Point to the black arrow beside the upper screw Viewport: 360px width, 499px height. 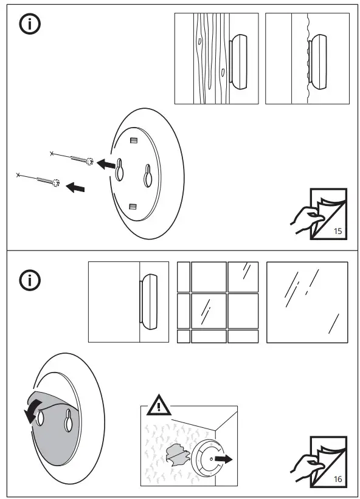point(107,164)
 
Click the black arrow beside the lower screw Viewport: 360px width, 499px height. point(75,188)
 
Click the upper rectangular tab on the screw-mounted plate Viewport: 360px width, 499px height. point(134,142)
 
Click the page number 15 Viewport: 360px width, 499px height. point(338,232)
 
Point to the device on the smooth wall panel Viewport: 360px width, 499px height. point(150,301)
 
